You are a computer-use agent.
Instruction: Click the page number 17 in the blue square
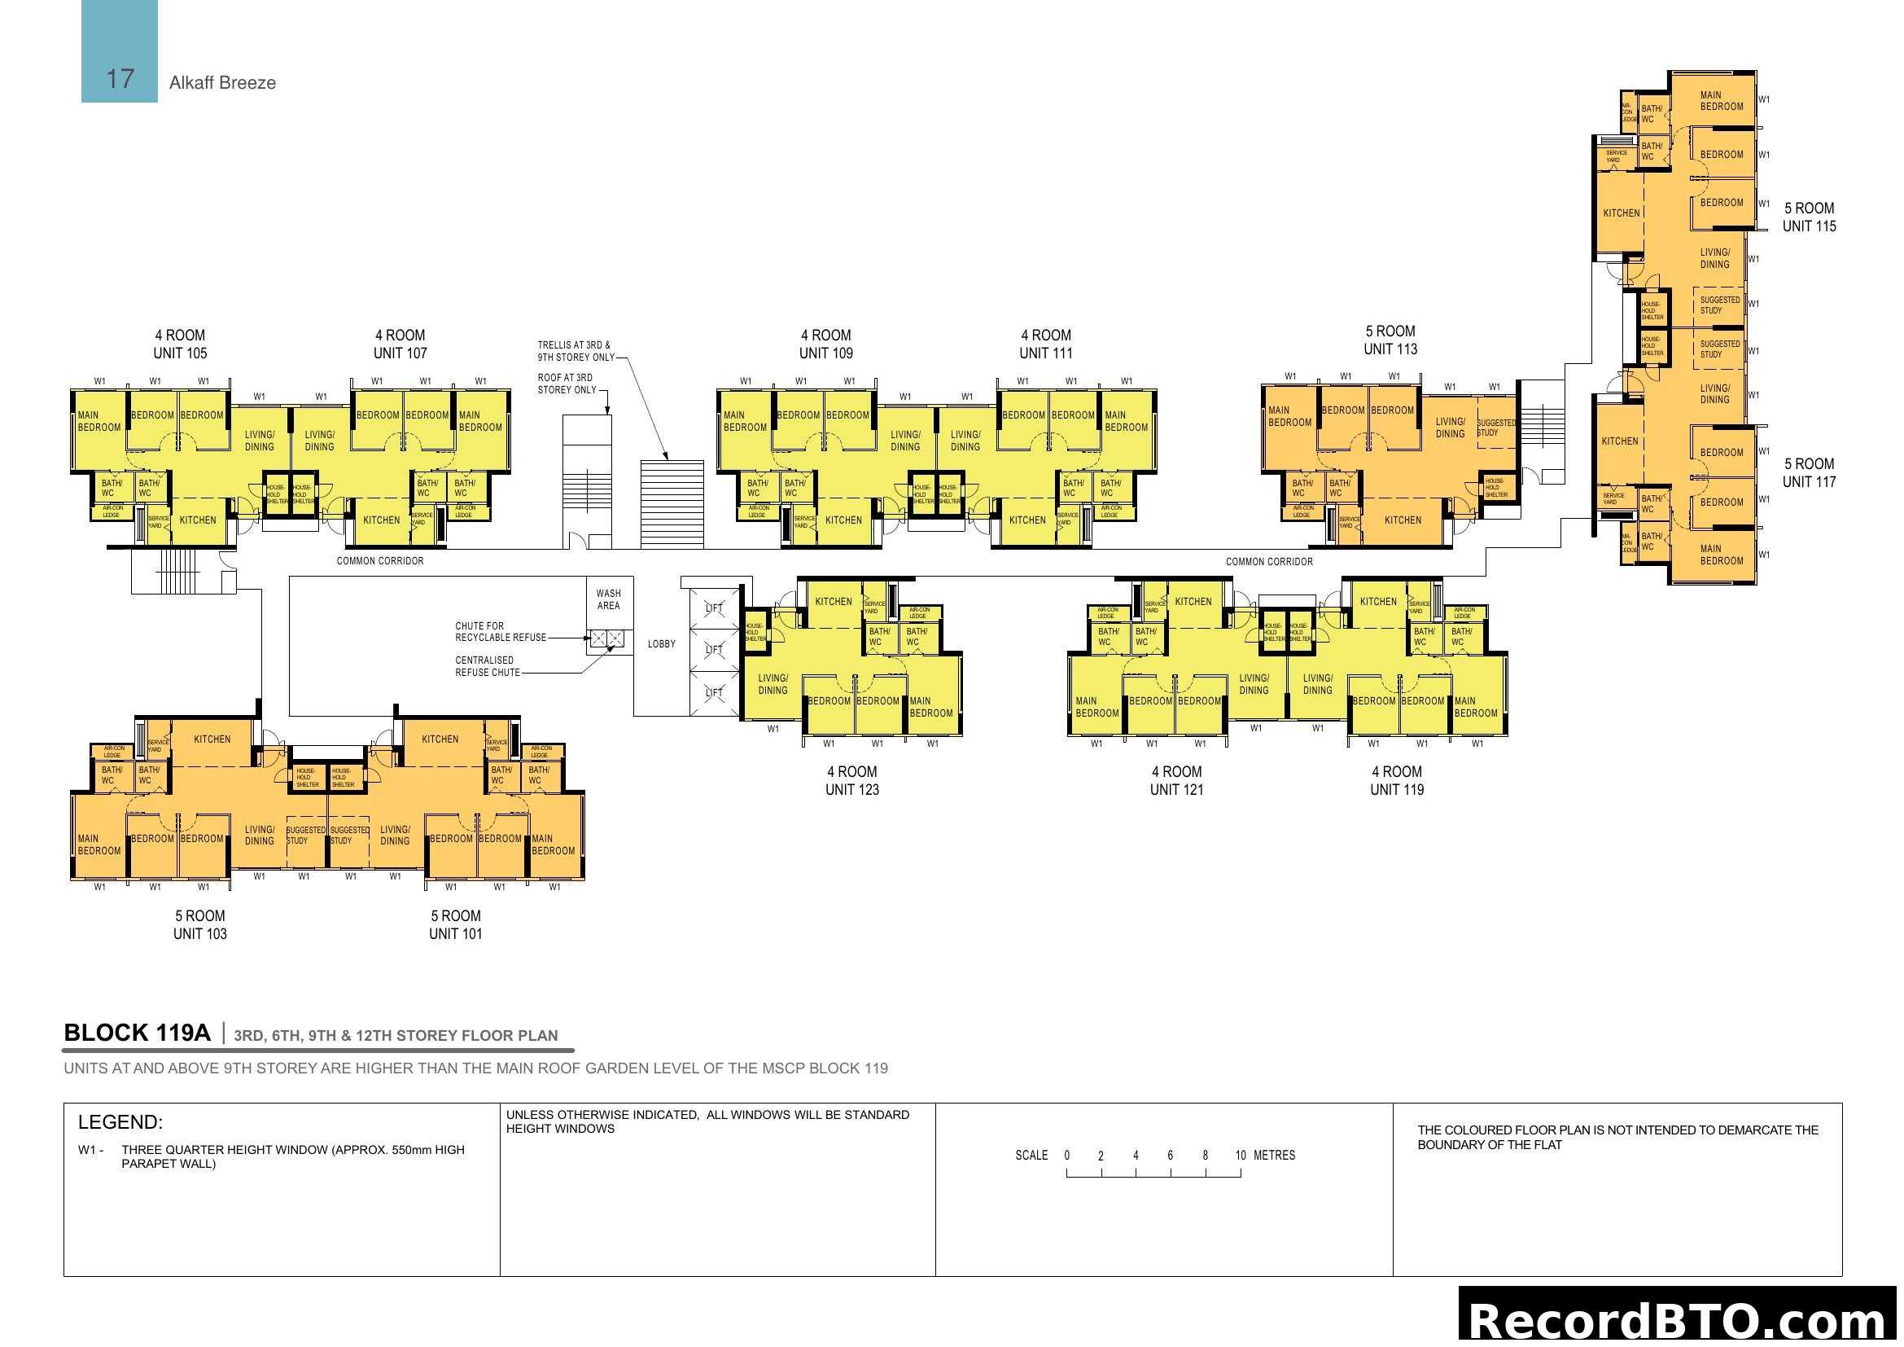(120, 79)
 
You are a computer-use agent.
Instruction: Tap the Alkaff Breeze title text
(222, 83)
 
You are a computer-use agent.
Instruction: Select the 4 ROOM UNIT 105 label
(180, 344)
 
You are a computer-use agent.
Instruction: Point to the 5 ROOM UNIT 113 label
(1390, 340)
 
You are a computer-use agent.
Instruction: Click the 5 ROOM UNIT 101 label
(455, 925)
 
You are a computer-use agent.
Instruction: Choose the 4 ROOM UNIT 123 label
(851, 780)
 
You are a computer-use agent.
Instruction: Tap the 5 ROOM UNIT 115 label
(1809, 217)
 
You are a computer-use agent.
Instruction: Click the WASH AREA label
(608, 599)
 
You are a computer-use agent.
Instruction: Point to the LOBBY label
(661, 644)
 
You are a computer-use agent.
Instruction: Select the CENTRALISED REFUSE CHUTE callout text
(487, 667)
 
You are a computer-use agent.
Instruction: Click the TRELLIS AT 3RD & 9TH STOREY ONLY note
(576, 351)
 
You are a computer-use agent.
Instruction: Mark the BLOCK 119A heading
(137, 1033)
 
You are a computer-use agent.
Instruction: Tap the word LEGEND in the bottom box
(120, 1123)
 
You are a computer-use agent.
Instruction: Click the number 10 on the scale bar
(1240, 1156)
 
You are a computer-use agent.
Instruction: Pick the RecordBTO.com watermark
(1679, 1319)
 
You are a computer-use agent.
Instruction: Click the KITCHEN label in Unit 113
(1403, 521)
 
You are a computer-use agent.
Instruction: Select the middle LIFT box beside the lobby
(714, 649)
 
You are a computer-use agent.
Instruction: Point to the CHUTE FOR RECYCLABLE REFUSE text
(500, 632)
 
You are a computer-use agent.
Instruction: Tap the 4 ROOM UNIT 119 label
(1397, 780)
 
